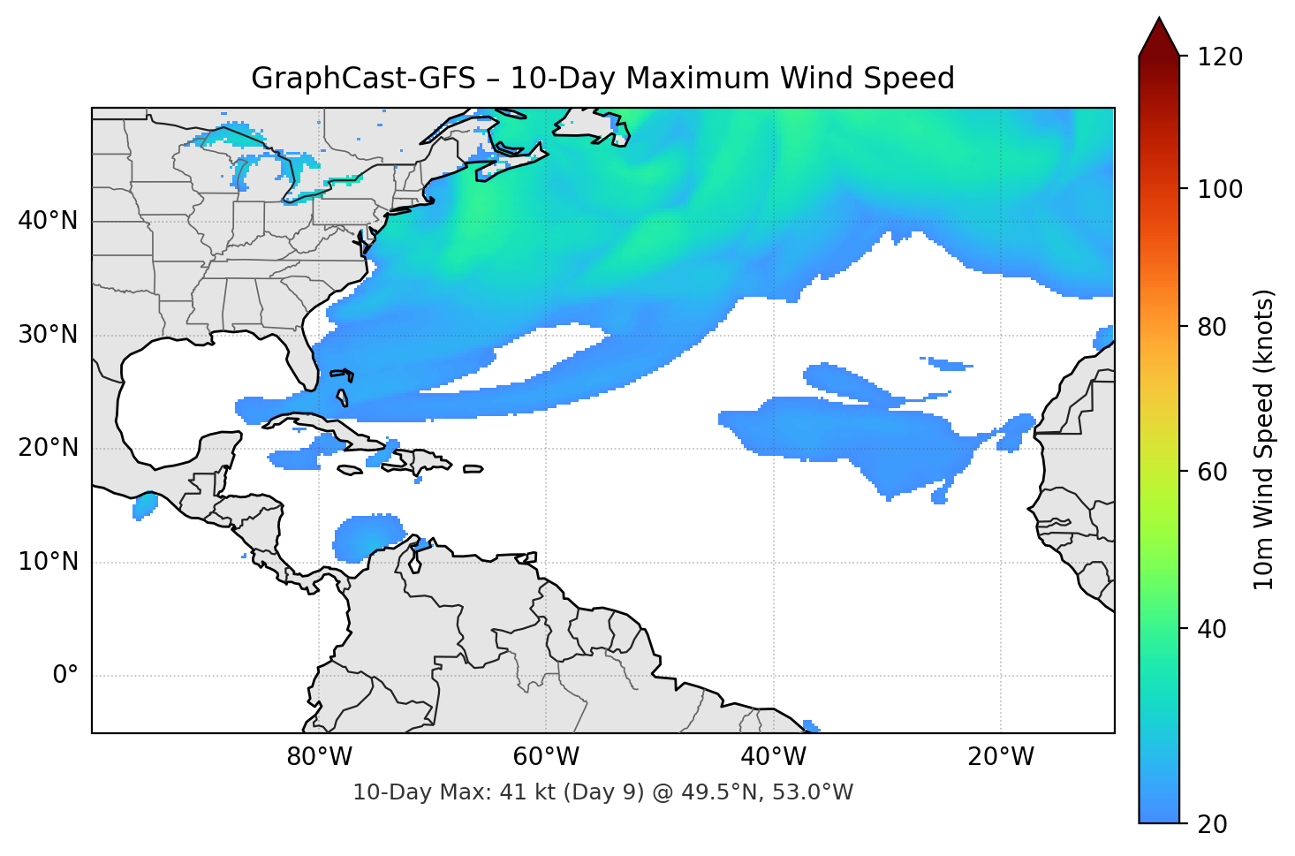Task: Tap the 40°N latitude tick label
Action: [x=48, y=221]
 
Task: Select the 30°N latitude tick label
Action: [x=48, y=335]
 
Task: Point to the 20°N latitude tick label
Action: [x=48, y=448]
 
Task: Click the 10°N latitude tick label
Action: [x=48, y=562]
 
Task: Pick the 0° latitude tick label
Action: [x=65, y=676]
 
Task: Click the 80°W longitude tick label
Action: [x=319, y=757]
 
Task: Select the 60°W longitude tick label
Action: [x=546, y=757]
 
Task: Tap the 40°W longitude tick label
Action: [x=773, y=757]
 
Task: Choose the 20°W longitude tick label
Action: [x=1000, y=757]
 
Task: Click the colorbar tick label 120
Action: [x=1219, y=57]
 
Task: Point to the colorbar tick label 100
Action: [x=1219, y=189]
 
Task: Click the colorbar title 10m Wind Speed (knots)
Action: [x=1264, y=439]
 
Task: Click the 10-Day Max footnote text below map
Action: [x=602, y=792]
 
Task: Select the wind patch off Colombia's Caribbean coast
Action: [x=367, y=537]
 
